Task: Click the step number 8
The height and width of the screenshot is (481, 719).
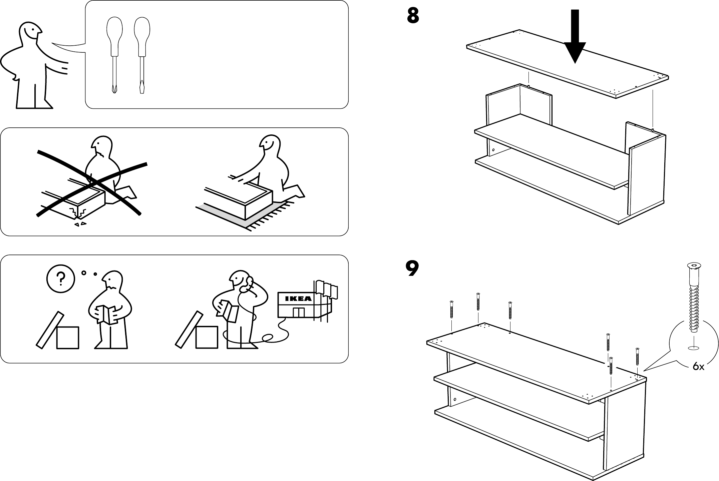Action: coord(413,15)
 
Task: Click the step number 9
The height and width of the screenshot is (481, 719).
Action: coord(412,269)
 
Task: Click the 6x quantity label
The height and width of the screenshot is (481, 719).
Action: coord(698,367)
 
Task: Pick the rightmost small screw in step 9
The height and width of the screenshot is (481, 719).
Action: coord(637,357)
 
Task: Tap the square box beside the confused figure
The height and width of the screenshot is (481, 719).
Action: coord(68,338)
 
